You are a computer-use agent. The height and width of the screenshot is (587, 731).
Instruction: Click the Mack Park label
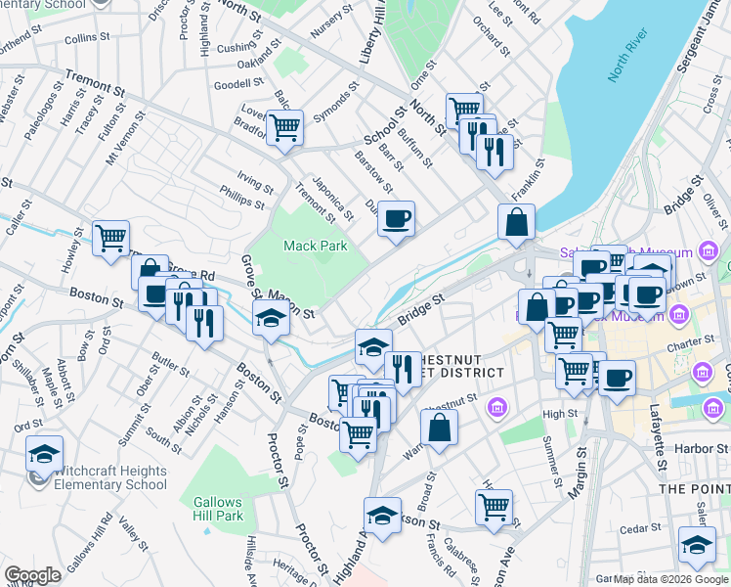[315, 246]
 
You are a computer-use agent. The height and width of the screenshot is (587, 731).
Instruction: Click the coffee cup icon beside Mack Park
[396, 219]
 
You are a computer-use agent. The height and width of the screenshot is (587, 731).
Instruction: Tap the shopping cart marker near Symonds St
[284, 128]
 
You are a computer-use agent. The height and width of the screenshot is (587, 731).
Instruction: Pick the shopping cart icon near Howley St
[111, 238]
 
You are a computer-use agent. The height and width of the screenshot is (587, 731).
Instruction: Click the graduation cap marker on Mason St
[272, 318]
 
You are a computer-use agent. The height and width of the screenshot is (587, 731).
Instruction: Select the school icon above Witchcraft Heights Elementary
[45, 454]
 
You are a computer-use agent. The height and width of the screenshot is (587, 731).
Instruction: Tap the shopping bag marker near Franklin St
[515, 222]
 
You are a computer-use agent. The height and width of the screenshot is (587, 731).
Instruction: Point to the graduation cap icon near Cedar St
[697, 545]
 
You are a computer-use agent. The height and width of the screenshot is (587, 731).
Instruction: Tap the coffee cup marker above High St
[616, 379]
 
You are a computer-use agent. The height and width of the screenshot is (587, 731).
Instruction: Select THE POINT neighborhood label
[693, 488]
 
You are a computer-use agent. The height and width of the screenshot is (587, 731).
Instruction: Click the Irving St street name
[256, 183]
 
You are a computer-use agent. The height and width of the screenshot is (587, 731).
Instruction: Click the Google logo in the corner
[32, 575]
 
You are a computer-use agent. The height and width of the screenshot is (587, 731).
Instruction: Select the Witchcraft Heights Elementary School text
[109, 477]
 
